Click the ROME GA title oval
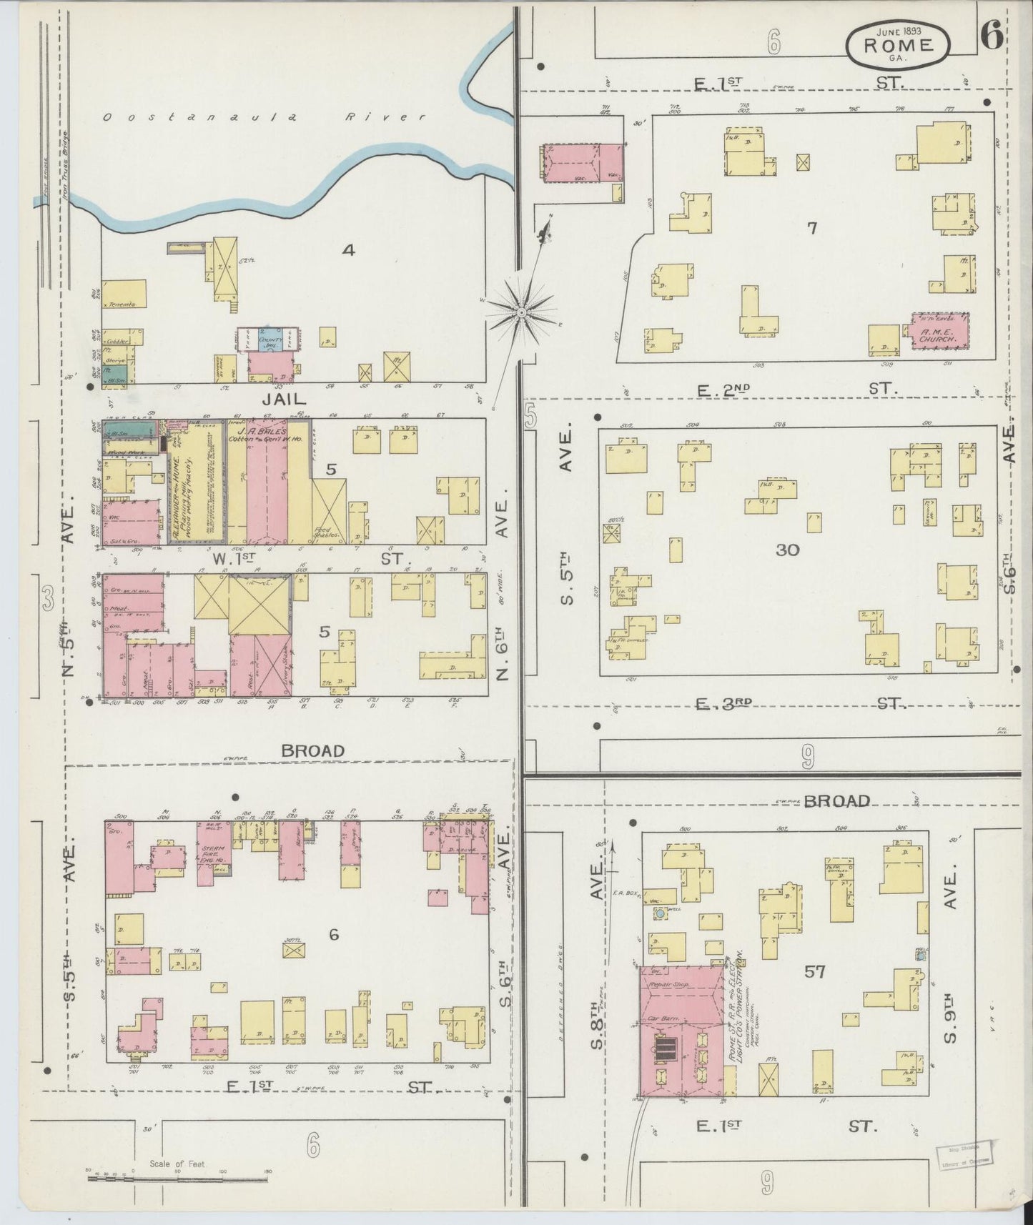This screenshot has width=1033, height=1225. [899, 46]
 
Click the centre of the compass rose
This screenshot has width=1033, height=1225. [522, 312]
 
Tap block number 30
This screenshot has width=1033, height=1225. [787, 550]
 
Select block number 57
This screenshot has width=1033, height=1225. [814, 972]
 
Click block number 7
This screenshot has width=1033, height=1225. [811, 229]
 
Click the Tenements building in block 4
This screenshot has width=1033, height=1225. [124, 294]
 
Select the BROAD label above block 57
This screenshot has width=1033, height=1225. [835, 800]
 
